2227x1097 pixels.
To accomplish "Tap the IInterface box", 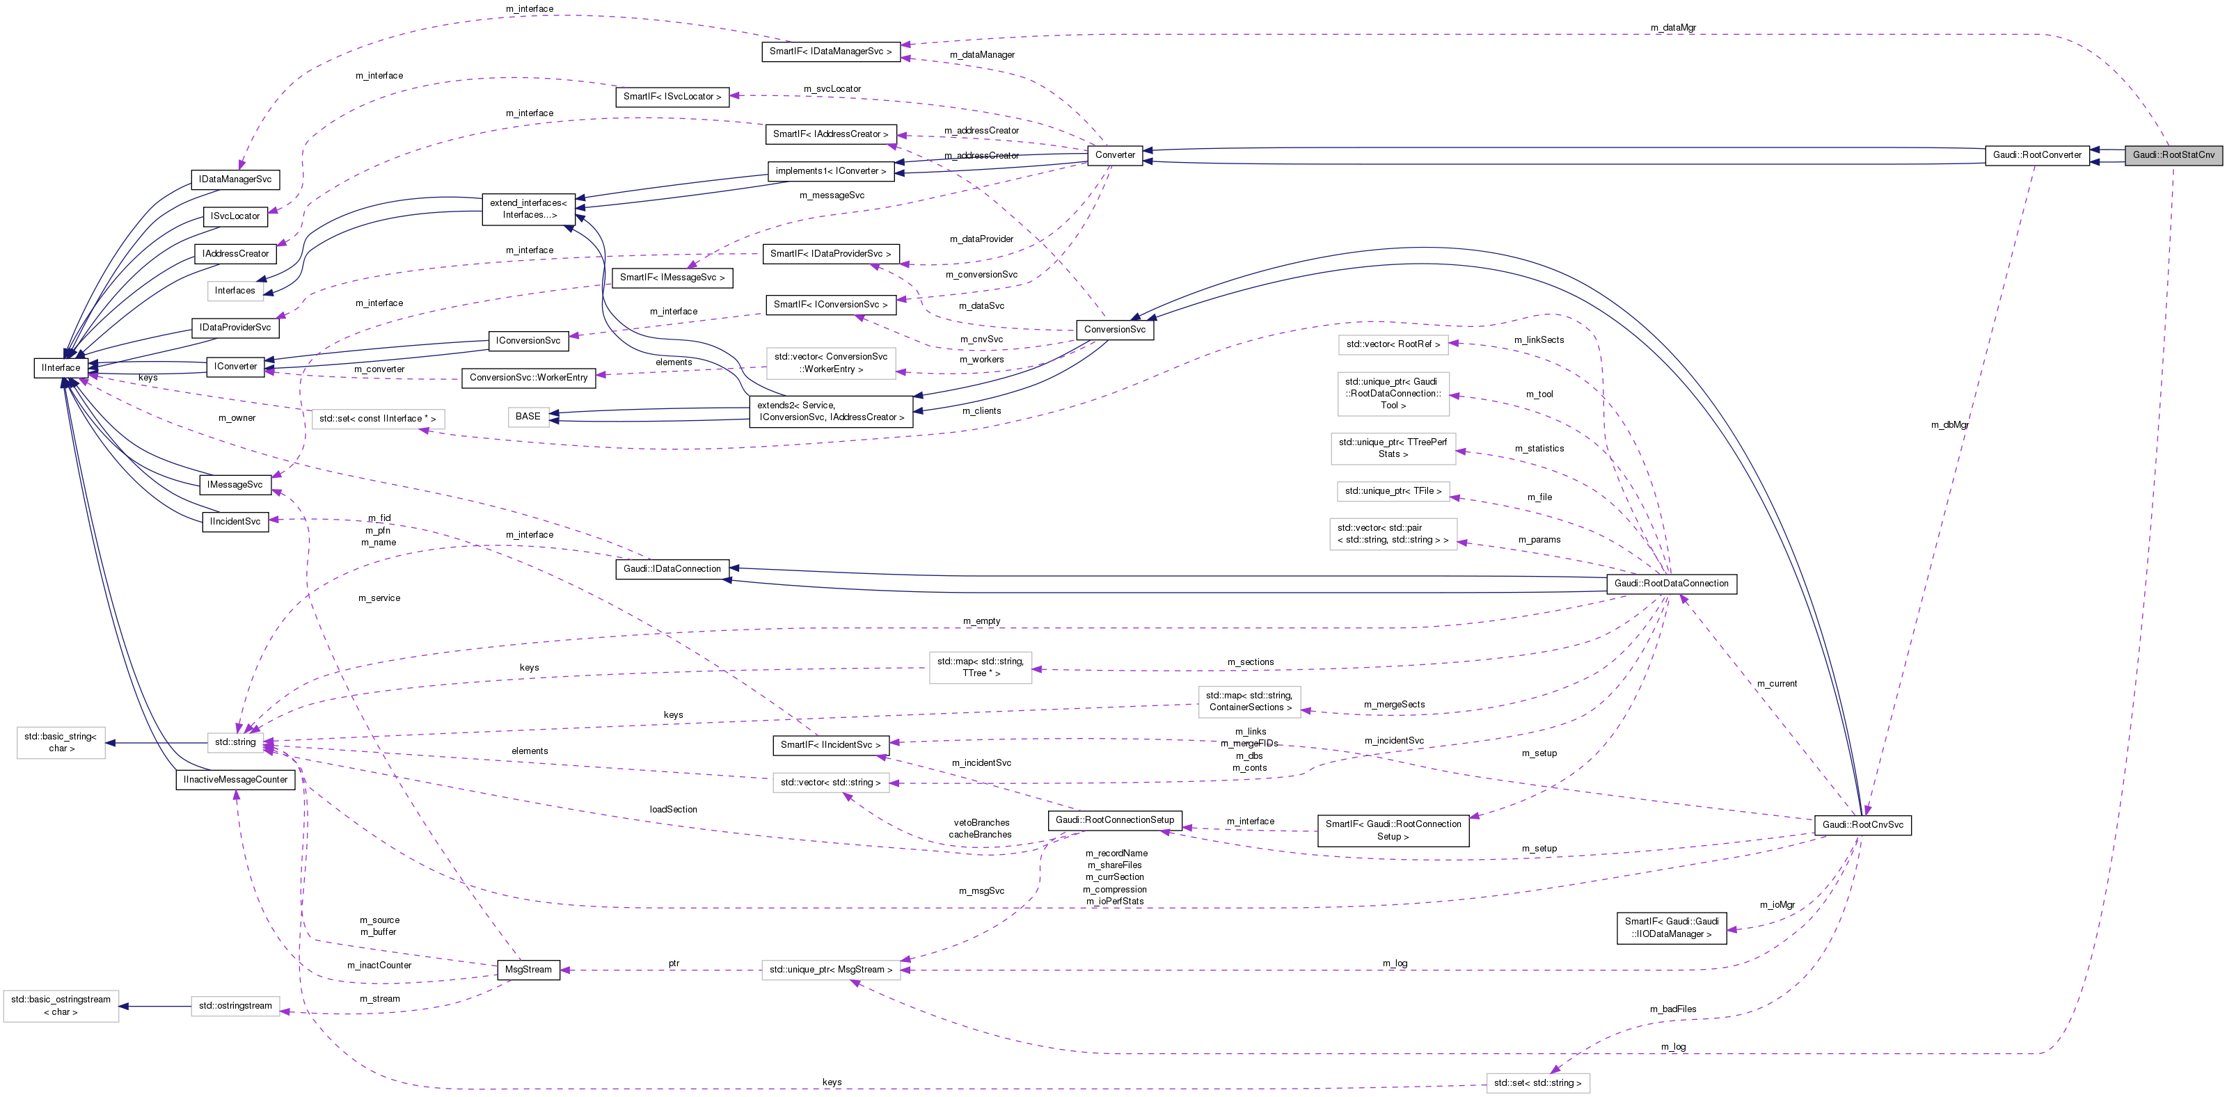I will pyautogui.click(x=61, y=368).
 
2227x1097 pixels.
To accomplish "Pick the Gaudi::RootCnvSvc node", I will pyautogui.click(x=1862, y=826).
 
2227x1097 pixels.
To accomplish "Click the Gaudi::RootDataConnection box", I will pyautogui.click(x=1671, y=584).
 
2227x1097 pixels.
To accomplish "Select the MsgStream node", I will pyautogui.click(x=528, y=970).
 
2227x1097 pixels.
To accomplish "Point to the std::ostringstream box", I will pyautogui.click(x=235, y=1007).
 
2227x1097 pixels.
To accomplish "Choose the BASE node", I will pyautogui.click(x=528, y=417).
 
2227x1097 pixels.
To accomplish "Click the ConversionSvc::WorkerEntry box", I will pyautogui.click(x=528, y=378).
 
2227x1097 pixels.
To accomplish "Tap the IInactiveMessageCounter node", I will pyautogui.click(x=235, y=780).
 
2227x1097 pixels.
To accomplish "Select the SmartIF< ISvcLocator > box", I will pyautogui.click(x=672, y=97).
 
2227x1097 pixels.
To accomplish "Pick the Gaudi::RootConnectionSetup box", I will pyautogui.click(x=1114, y=820).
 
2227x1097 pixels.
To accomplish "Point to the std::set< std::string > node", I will pyautogui.click(x=1537, y=1083).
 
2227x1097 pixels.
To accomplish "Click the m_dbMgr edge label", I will pyautogui.click(x=1949, y=425).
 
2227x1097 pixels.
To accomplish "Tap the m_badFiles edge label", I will pyautogui.click(x=1673, y=1009).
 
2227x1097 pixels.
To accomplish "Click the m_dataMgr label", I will pyautogui.click(x=1673, y=29).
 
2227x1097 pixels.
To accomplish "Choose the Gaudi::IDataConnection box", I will pyautogui.click(x=672, y=570).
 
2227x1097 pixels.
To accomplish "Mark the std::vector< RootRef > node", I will pyautogui.click(x=1393, y=345).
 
